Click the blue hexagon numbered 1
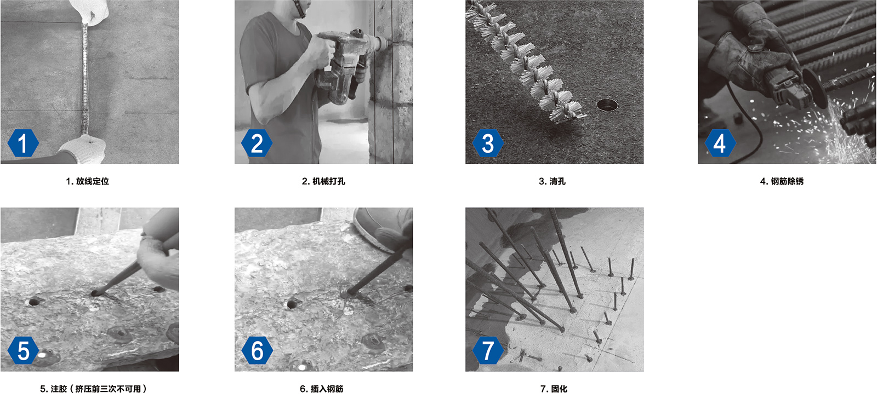tap(23, 143)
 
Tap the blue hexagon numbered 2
tap(257, 143)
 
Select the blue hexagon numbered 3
tap(488, 143)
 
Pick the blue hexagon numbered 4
tap(720, 143)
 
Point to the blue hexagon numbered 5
tap(23, 350)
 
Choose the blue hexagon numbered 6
tap(257, 350)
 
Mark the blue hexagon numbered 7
tap(488, 350)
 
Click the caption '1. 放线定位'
tap(87, 181)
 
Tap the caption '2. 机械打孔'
tap(323, 181)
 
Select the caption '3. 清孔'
tap(552, 181)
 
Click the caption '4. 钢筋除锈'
tap(782, 181)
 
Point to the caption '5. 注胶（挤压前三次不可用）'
tap(94, 389)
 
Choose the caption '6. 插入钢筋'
tap(321, 389)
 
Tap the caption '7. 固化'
tap(554, 389)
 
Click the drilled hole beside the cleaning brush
tap(607, 105)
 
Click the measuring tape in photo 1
tap(85, 78)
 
